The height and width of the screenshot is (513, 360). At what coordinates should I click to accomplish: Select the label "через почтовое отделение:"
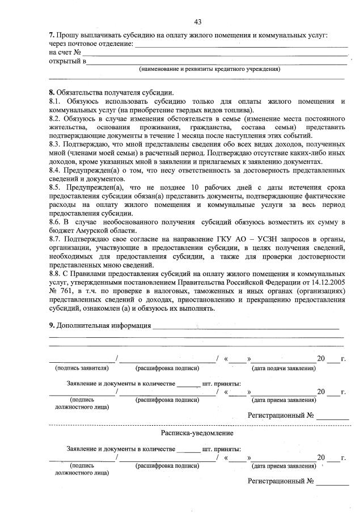[x=91, y=44]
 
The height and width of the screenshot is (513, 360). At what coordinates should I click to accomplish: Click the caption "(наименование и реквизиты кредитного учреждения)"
[x=210, y=69]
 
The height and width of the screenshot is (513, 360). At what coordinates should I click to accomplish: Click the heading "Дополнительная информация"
[x=103, y=326]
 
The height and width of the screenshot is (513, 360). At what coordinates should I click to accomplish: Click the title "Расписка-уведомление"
[x=197, y=433]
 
